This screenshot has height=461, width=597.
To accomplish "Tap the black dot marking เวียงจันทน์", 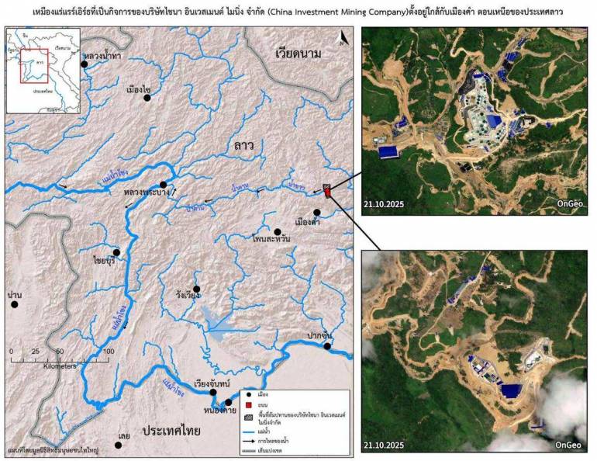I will (213, 393).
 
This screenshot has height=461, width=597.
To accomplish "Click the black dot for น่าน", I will (14, 304).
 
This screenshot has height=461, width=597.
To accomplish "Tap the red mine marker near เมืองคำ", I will (327, 191).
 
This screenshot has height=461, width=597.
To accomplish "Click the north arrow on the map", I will (343, 39).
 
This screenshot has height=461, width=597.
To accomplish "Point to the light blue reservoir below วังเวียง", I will (213, 318).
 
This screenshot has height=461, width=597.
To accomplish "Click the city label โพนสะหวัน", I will (271, 242).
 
